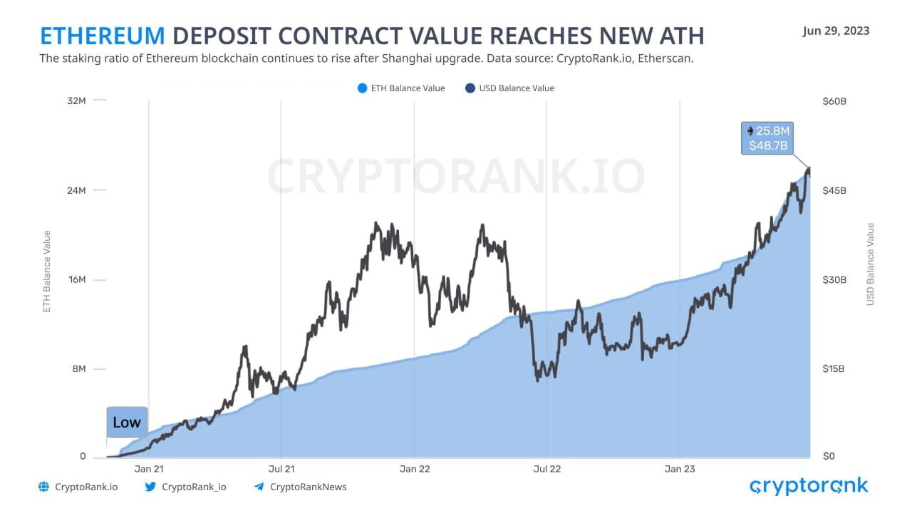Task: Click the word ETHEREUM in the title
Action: pyautogui.click(x=102, y=36)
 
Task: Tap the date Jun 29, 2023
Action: pyautogui.click(x=836, y=31)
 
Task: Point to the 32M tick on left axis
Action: pyautogui.click(x=77, y=101)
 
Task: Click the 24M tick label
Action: pyautogui.click(x=77, y=190)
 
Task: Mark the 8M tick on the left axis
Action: pyautogui.click(x=78, y=368)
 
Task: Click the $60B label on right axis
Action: pyautogui.click(x=834, y=101)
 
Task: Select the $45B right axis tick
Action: pyautogui.click(x=834, y=190)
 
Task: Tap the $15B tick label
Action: pyautogui.click(x=834, y=368)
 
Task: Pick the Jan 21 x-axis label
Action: pyautogui.click(x=149, y=469)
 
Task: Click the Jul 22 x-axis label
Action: pyautogui.click(x=546, y=469)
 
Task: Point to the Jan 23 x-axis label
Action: pyautogui.click(x=680, y=469)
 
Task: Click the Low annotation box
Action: pyautogui.click(x=127, y=422)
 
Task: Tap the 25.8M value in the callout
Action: pyautogui.click(x=772, y=131)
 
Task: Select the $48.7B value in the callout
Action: pyautogui.click(x=767, y=145)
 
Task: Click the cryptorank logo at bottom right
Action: pyautogui.click(x=809, y=486)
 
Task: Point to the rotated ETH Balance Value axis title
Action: pyautogui.click(x=47, y=271)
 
